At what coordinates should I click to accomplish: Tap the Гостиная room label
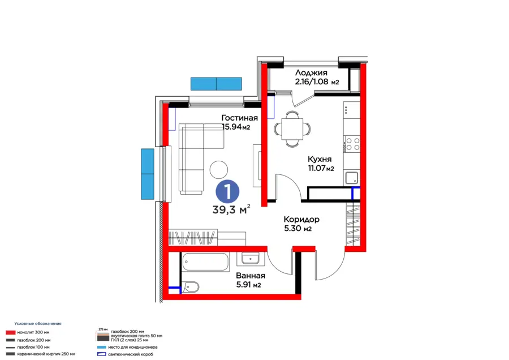point(239,118)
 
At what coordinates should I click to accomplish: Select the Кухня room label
point(320,159)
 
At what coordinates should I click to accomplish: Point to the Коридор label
point(301,219)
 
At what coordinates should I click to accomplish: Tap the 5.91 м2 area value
point(248,285)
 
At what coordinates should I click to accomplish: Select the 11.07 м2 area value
point(321,168)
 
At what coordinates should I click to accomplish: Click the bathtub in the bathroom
point(205,262)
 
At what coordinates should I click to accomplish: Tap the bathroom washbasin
point(250,258)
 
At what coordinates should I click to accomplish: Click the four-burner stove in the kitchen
point(352,144)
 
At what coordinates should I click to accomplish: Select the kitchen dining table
point(289,128)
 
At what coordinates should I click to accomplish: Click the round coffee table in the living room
point(218,169)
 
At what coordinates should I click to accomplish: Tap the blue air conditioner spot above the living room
point(216,84)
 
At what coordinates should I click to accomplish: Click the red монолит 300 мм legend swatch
point(9,332)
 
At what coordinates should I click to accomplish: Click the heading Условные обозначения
point(38,323)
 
